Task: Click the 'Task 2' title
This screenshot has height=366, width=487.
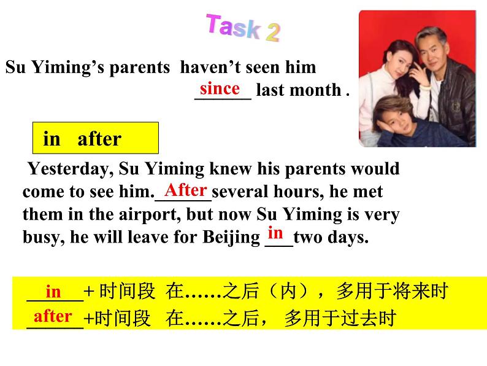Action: point(243,28)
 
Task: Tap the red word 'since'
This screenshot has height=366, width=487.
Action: point(220,88)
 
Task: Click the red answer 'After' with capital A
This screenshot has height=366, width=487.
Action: point(186,189)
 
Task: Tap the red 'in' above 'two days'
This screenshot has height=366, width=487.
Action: point(276,233)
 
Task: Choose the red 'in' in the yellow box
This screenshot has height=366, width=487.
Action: point(54,292)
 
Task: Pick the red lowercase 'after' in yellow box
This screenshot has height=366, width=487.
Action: point(53,316)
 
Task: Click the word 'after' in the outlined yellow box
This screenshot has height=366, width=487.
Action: point(99,139)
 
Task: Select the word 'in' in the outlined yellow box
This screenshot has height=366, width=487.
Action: point(52,139)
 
